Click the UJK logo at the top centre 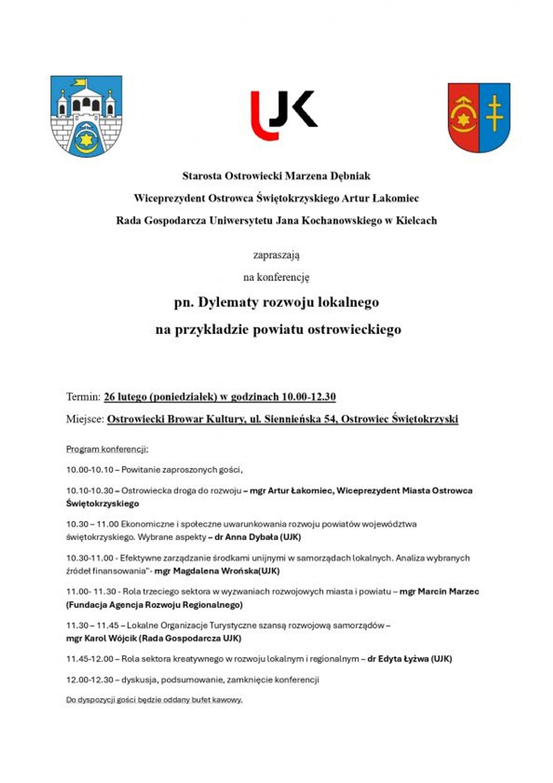click(284, 115)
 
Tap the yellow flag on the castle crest click(79, 82)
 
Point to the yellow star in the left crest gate click(86, 139)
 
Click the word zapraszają click(276, 255)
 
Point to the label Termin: click(83, 397)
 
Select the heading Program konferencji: click(107, 449)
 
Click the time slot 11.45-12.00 click(90, 659)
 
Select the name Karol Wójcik click(110, 638)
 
